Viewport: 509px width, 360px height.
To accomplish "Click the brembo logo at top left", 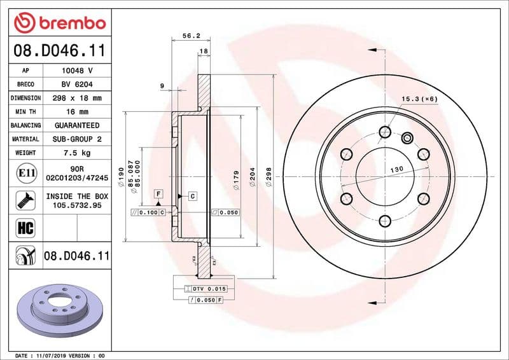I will (59, 23).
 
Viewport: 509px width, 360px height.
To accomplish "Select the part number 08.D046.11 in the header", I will (59, 50).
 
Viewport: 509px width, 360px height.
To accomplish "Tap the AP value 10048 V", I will (77, 71).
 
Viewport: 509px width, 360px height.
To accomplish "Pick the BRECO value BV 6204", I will (77, 84).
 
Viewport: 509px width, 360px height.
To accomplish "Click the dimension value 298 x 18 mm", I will (77, 98).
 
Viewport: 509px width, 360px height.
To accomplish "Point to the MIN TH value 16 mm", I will (77, 111).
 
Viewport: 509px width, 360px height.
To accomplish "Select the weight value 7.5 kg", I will (77, 153).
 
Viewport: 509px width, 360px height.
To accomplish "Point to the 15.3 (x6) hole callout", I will (420, 99).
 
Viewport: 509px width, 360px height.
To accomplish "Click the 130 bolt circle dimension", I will (396, 169).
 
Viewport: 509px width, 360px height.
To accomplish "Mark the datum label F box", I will (158, 193).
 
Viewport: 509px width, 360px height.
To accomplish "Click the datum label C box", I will (192, 196).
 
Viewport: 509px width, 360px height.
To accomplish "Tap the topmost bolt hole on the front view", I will (384, 132).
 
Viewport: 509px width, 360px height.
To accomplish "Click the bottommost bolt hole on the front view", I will (384, 221).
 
